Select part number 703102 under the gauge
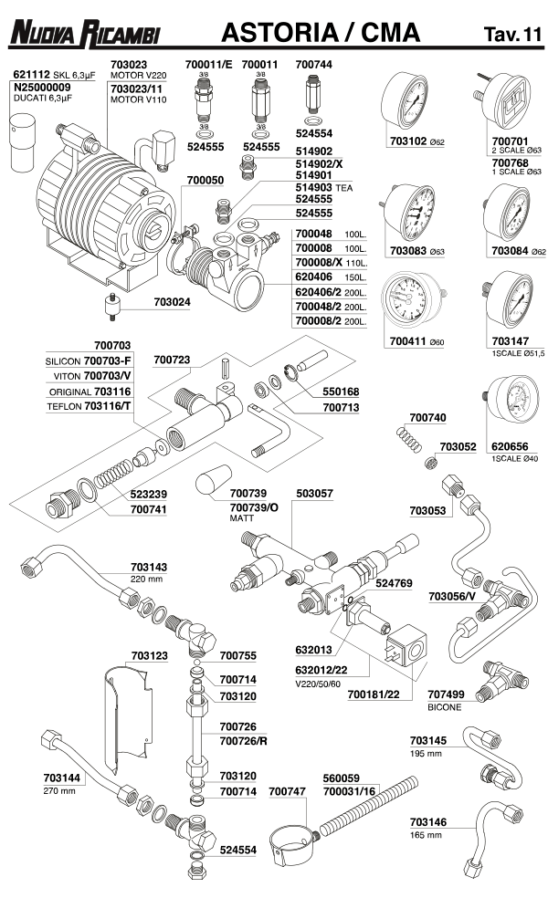tap(409, 141)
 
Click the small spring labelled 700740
tap(411, 436)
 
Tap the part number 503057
tap(315, 493)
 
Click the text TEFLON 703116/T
tap(89, 404)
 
